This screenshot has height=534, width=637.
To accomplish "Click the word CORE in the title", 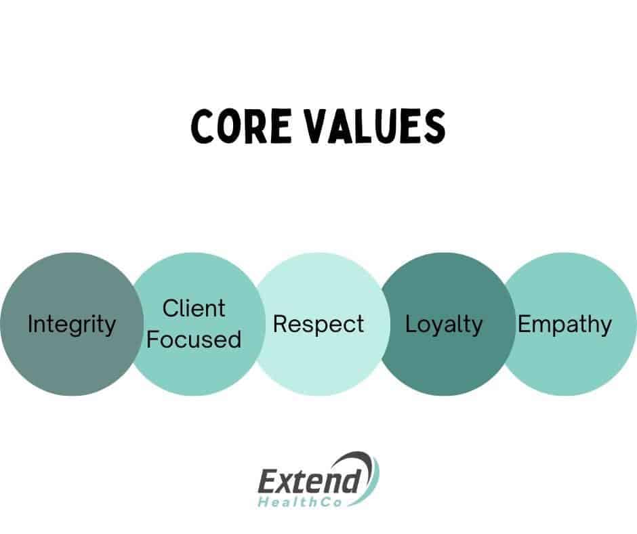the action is click(241, 126).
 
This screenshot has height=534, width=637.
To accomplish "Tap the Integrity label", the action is click(72, 325).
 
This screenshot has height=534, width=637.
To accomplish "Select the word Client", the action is click(194, 308).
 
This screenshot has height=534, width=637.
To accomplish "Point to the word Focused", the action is click(194, 340).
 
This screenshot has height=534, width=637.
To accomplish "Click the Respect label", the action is click(318, 325).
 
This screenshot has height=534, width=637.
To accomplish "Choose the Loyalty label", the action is click(444, 325).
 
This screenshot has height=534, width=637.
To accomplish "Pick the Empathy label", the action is click(564, 325).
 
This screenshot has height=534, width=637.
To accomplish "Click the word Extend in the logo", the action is click(310, 482).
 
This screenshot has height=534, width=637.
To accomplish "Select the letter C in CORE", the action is click(203, 126).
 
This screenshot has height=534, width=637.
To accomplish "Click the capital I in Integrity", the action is click(30, 324).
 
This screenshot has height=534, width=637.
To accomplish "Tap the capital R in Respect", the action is click(281, 324).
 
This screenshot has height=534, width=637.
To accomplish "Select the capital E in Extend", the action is click(269, 482).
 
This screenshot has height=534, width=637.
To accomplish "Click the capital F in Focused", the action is click(153, 339).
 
